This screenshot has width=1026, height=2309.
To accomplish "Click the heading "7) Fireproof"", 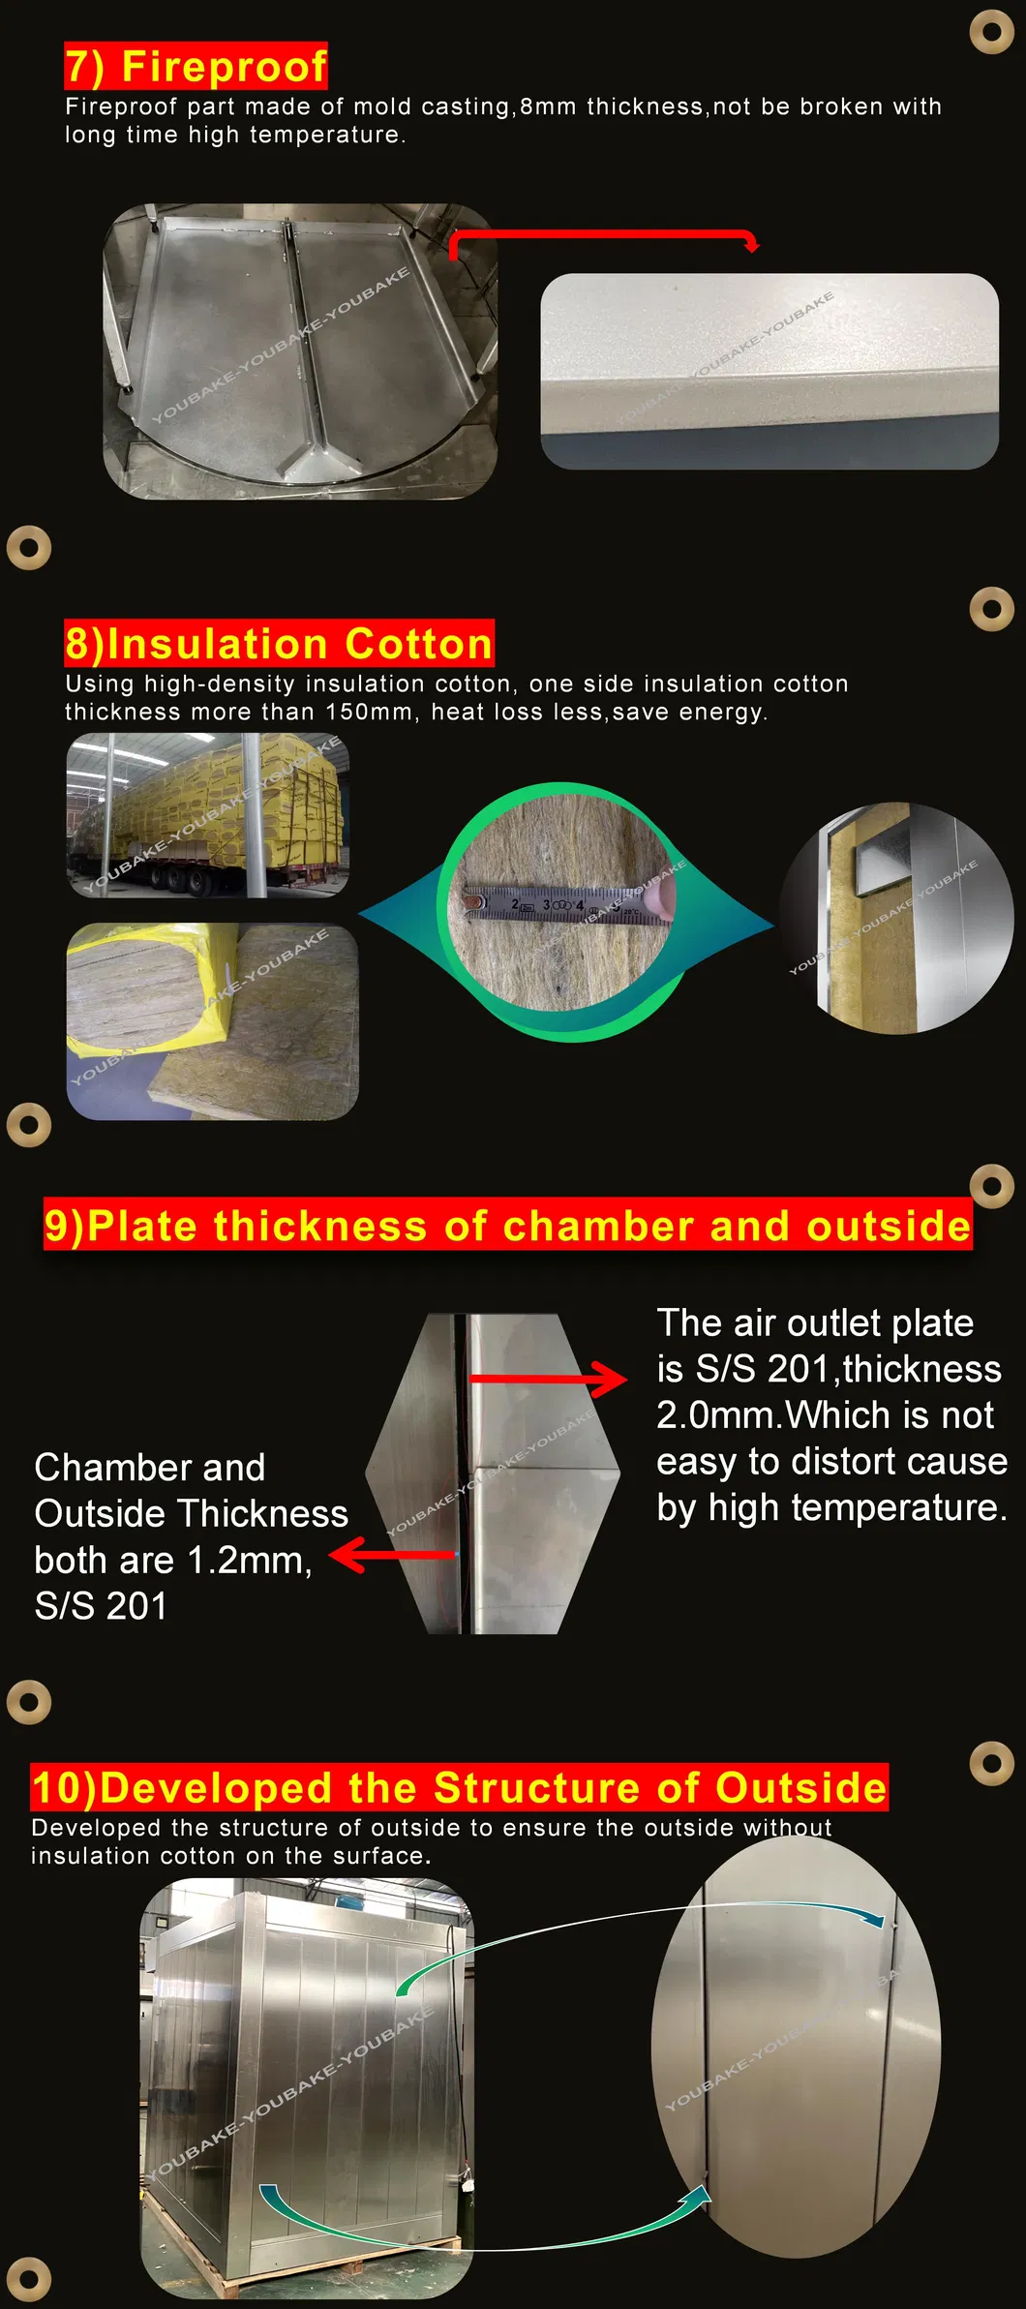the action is (x=196, y=67).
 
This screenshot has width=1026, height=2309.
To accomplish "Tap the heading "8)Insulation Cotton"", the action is (x=279, y=644).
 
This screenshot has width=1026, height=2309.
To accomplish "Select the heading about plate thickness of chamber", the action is (x=507, y=1226).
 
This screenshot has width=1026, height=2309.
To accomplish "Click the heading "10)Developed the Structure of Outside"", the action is (x=459, y=1787).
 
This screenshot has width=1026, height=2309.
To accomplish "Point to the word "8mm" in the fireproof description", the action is (x=548, y=106).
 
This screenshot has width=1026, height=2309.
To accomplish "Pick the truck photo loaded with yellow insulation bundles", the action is (x=208, y=815).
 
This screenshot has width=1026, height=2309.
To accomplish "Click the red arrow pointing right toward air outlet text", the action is (x=548, y=1379).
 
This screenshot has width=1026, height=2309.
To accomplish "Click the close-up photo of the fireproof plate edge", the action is (x=769, y=372).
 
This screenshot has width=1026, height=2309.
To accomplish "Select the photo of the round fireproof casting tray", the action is (x=300, y=351).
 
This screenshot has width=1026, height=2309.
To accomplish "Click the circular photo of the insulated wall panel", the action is (x=897, y=918).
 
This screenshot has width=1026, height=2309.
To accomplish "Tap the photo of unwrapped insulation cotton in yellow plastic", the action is (x=212, y=1021).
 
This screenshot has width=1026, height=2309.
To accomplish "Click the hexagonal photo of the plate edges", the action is (x=493, y=1474).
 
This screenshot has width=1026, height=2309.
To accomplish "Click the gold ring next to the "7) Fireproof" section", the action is (x=991, y=31).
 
